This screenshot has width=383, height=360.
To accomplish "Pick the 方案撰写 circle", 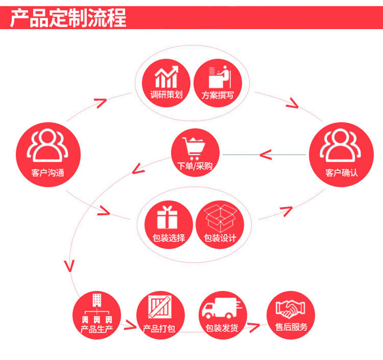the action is pos(218,81).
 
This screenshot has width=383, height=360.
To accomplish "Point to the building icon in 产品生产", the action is pos(96,307).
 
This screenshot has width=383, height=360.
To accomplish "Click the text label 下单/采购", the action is pos(194,166).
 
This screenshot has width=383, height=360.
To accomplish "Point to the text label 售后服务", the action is pos(291,327).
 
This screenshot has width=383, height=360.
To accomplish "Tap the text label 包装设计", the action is pos(220,238).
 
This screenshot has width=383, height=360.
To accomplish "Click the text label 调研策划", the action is pos(166,94).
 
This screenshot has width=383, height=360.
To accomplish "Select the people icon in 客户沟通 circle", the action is pos(48,144).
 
